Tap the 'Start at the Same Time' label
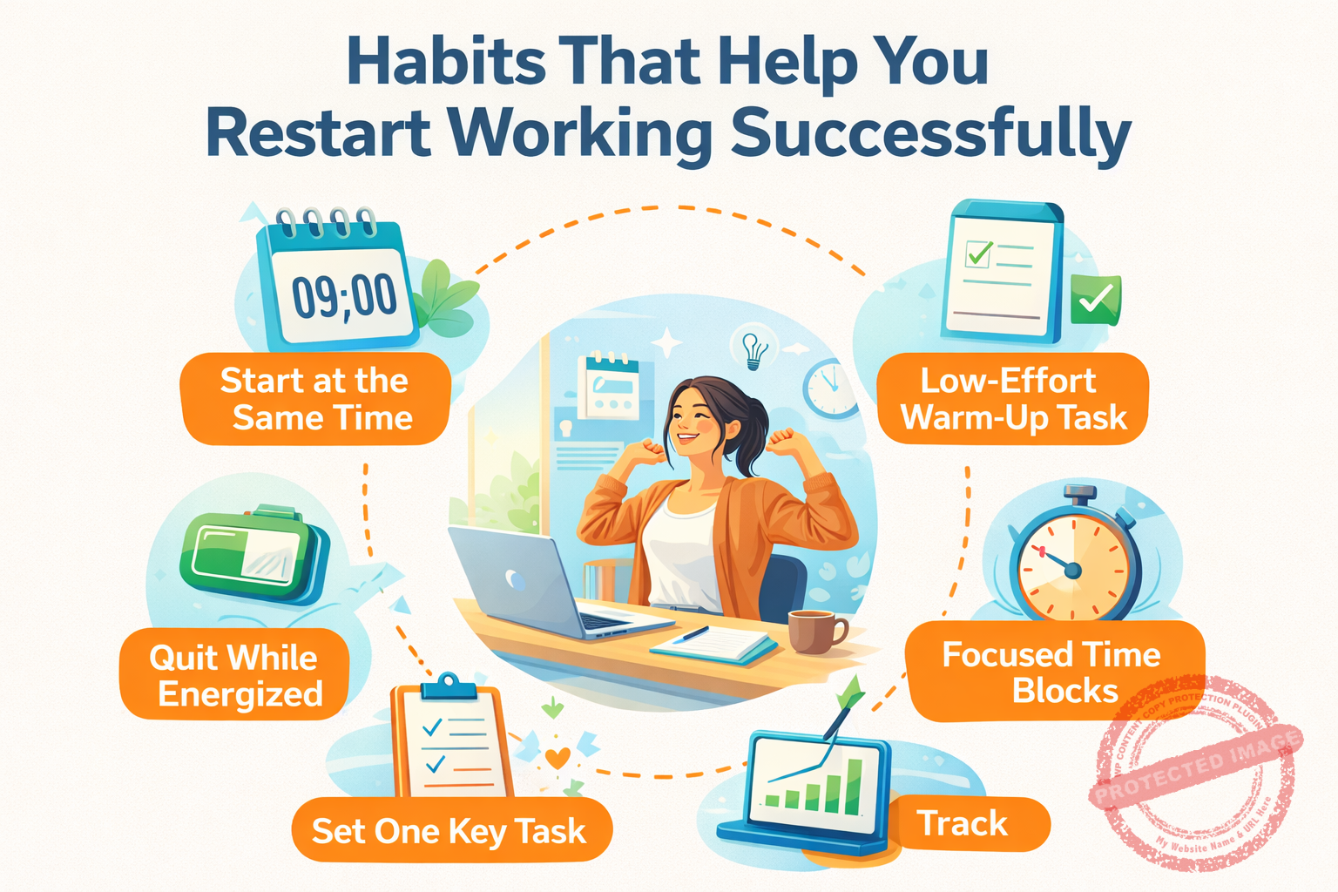[315, 399]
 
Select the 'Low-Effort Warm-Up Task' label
[1013, 399]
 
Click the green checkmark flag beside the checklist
[1095, 300]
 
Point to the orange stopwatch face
[1074, 569]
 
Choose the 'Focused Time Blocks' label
[1052, 672]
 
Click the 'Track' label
[963, 823]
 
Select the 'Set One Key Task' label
[449, 830]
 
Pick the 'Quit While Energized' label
[234, 675]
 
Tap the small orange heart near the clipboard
[557, 757]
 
